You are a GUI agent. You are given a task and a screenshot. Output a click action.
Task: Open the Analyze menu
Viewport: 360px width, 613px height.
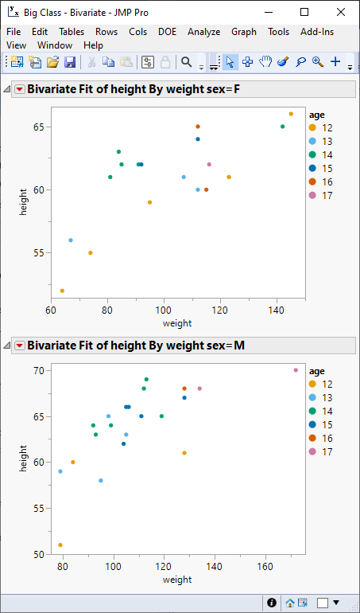pos(204,32)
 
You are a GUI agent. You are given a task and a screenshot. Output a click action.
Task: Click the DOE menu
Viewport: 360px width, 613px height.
pos(168,32)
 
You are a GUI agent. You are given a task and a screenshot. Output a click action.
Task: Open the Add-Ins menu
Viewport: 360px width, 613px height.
pos(317,32)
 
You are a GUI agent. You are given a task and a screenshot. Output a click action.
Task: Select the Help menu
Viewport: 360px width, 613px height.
pos(93,46)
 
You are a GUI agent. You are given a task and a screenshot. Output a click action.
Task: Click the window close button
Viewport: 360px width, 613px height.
pos(339,13)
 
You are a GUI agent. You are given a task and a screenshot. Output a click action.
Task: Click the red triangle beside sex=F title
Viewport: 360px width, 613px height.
pos(19,90)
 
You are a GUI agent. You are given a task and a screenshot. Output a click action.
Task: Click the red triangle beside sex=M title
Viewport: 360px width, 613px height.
pos(19,346)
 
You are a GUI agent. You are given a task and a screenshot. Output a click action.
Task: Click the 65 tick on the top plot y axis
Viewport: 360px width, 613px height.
pos(37,127)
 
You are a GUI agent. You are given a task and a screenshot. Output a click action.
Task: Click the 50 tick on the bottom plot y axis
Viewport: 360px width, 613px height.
pos(37,554)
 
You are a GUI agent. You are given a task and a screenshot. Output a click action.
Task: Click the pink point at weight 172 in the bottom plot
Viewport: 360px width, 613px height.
pos(296,370)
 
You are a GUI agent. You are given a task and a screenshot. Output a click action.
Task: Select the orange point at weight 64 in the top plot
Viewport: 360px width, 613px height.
pos(62,291)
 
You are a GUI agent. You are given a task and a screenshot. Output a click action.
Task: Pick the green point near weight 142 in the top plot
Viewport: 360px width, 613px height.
pos(282,127)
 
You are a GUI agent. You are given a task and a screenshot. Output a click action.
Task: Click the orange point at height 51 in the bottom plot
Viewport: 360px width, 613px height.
pos(60,545)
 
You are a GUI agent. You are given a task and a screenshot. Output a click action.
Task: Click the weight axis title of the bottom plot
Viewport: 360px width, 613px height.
pos(177,580)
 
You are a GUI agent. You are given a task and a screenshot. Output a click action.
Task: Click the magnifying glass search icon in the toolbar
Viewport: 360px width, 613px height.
pos(186,62)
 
